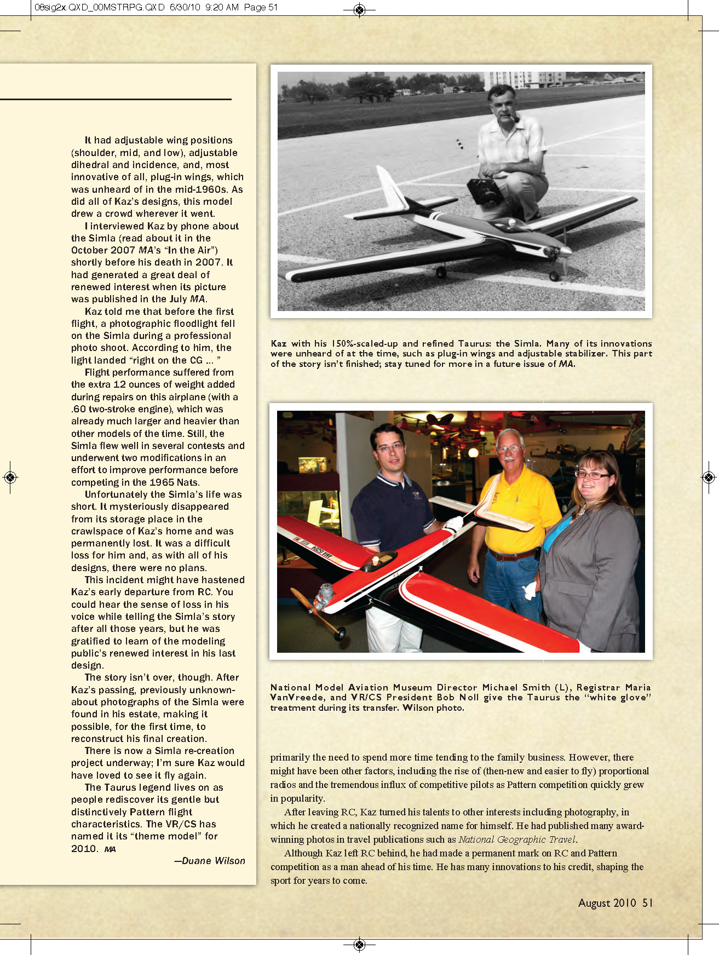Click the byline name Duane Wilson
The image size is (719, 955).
pos(214,861)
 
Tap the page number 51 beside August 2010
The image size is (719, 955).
pos(647,903)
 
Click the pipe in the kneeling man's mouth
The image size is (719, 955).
pos(516,118)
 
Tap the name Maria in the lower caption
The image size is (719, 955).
pos(638,687)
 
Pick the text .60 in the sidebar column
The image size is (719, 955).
pos(79,409)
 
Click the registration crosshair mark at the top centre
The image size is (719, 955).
pos(359,10)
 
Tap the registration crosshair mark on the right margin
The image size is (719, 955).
pos(709,477)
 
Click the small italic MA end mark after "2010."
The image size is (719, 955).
pos(110,849)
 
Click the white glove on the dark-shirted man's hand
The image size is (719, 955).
pos(454,523)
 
